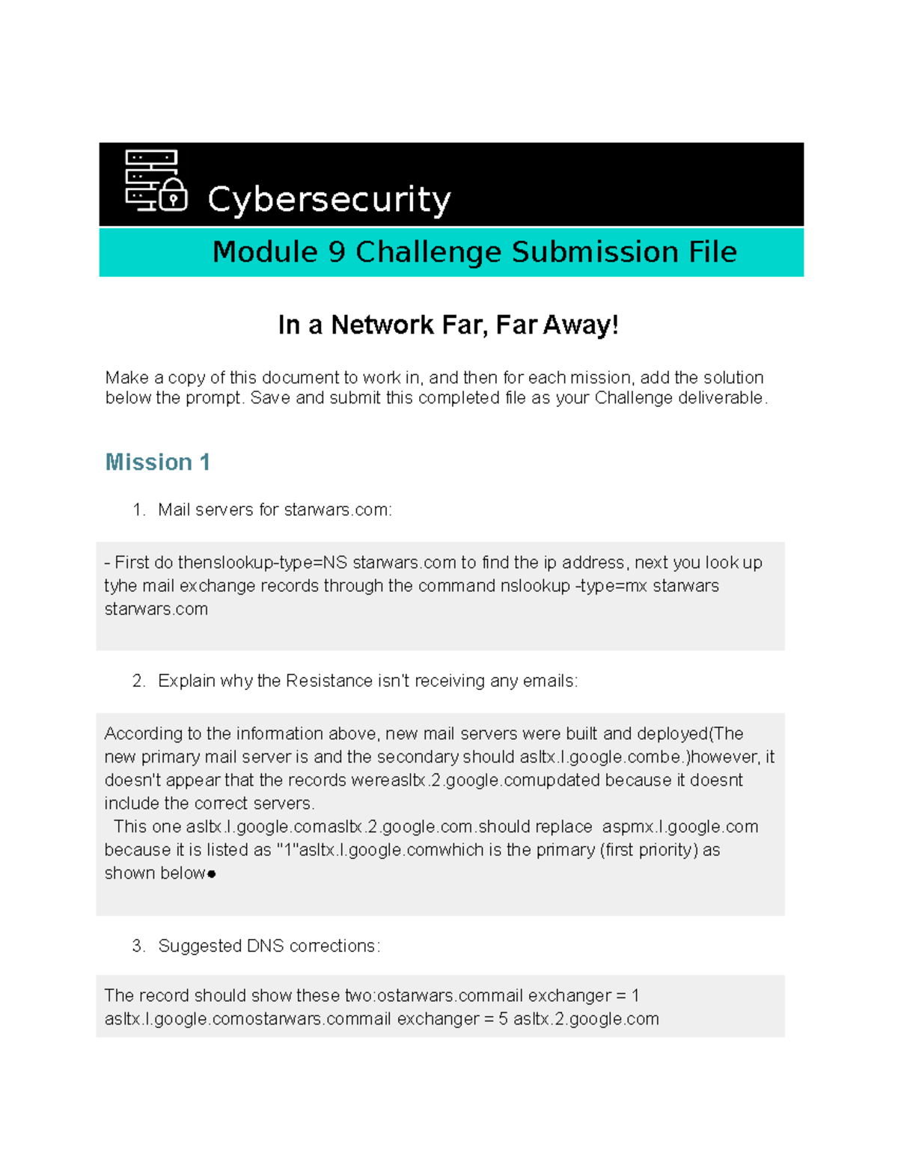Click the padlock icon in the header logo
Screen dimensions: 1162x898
click(x=173, y=196)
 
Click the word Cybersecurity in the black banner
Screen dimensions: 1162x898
click(x=329, y=200)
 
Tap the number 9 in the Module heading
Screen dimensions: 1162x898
click(x=337, y=252)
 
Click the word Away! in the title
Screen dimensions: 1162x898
click(x=581, y=325)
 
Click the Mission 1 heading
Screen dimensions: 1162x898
click(x=157, y=462)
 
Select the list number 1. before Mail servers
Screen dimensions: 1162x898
click(x=138, y=510)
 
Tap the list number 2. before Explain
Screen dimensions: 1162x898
click(x=138, y=681)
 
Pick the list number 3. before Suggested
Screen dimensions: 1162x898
click(x=138, y=946)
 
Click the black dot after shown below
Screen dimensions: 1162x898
click(x=212, y=874)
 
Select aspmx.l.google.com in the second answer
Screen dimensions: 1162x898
click(x=680, y=827)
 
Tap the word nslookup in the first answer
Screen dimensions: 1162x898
click(x=535, y=586)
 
